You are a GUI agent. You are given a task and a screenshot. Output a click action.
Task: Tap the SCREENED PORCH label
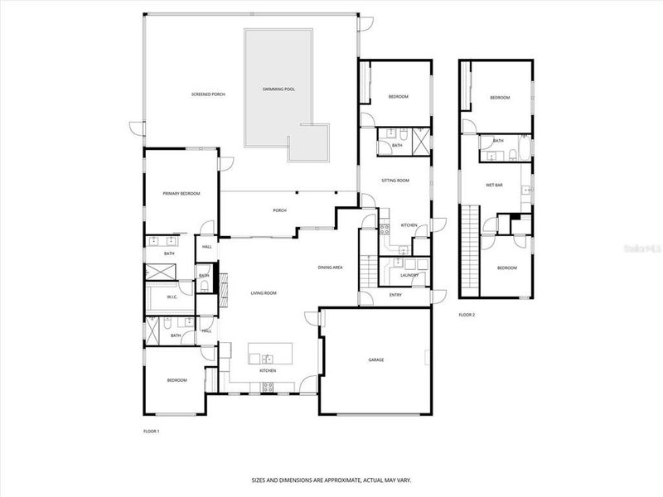(x=208, y=94)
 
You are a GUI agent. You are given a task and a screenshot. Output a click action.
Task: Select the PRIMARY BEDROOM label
(x=181, y=193)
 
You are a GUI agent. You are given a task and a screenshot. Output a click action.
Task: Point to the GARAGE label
(x=376, y=359)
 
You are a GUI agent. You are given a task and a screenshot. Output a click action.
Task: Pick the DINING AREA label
(x=331, y=268)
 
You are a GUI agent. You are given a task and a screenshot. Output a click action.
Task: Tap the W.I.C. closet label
(x=172, y=297)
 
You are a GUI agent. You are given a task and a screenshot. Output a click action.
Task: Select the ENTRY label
(x=395, y=296)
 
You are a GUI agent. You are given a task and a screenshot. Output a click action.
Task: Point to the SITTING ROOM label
(x=395, y=180)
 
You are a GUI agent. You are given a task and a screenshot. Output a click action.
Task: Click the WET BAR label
(x=496, y=184)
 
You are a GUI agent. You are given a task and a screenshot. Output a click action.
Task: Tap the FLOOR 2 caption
(x=467, y=315)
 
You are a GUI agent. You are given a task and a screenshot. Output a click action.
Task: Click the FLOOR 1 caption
(x=151, y=432)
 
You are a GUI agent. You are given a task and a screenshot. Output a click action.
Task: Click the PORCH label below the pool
(x=279, y=210)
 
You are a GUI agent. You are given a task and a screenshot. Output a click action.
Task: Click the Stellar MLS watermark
(x=646, y=246)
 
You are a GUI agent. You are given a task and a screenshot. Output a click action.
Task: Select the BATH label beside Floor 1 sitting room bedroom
(x=397, y=146)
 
